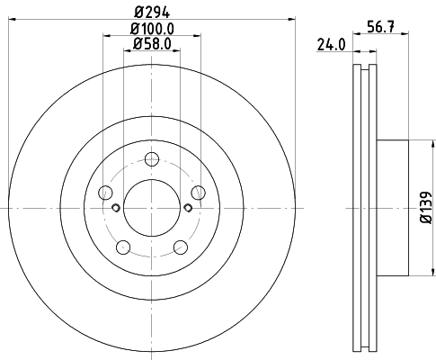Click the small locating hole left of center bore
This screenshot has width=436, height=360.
[x=115, y=208]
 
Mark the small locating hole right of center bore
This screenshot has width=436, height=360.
[x=186, y=208]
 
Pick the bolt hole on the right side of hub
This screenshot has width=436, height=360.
[x=196, y=192]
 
